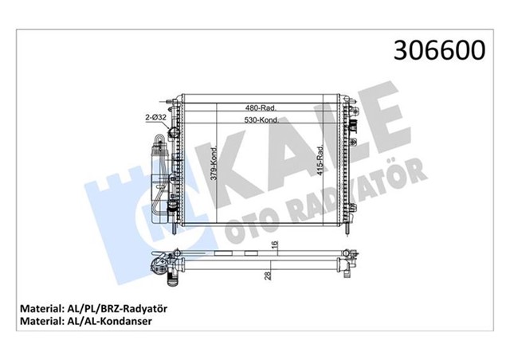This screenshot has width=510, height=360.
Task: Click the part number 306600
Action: point(437,51)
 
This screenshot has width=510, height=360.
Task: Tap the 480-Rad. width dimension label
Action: point(261,108)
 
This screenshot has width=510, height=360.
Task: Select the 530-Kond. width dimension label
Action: point(261,121)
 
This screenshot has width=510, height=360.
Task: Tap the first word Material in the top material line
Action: point(37,307)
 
